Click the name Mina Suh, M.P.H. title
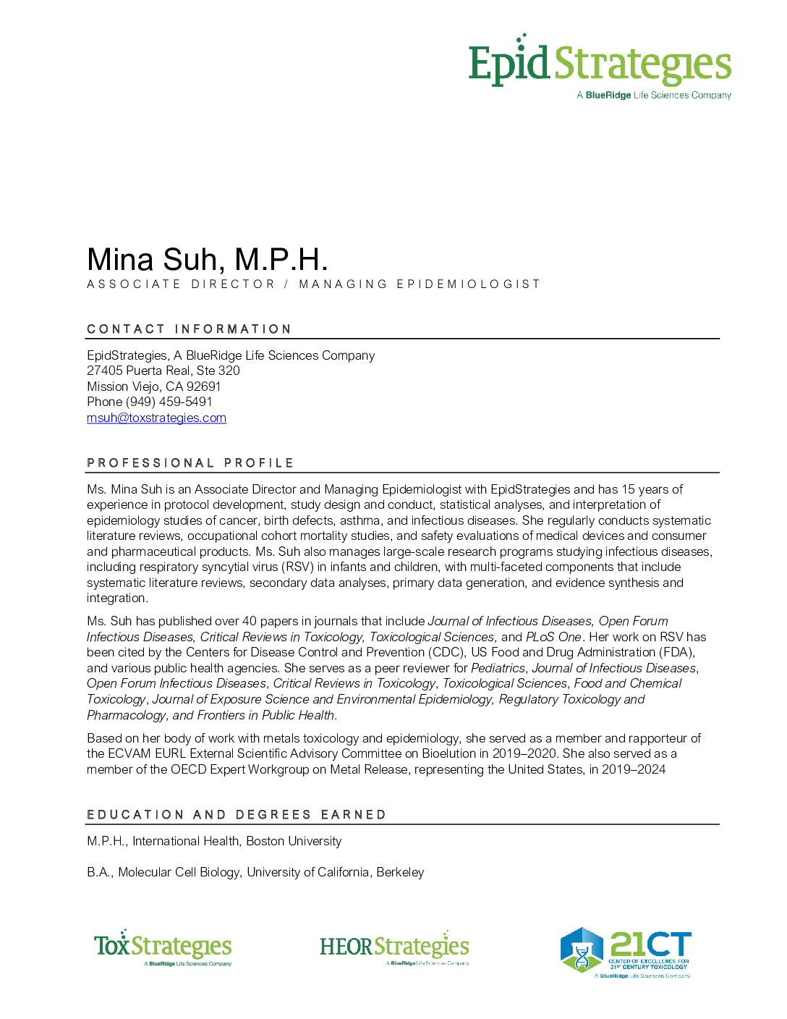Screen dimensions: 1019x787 (x=208, y=260)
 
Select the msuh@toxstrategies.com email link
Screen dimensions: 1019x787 (x=156, y=418)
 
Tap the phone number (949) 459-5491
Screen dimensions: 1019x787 (x=169, y=402)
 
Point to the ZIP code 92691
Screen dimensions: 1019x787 (x=203, y=386)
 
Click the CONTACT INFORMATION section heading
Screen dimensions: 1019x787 (x=189, y=329)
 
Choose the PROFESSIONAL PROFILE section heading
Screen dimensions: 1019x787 (x=190, y=463)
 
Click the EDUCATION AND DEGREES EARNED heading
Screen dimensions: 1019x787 (x=237, y=815)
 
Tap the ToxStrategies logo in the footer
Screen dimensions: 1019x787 (x=163, y=947)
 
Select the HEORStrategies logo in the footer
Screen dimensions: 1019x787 (x=394, y=948)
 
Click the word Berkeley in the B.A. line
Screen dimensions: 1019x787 (x=400, y=872)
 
